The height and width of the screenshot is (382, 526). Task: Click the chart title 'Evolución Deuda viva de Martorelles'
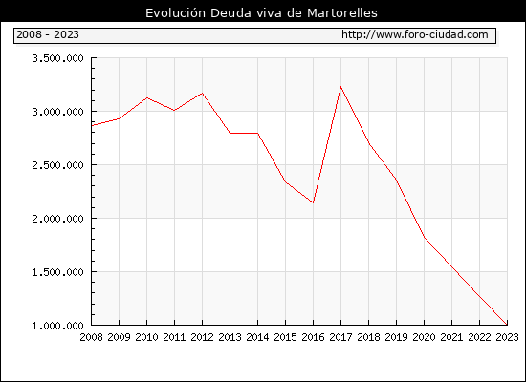point(261,12)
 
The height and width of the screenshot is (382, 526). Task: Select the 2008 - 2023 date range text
point(48,34)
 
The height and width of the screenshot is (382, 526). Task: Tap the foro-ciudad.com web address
point(415,34)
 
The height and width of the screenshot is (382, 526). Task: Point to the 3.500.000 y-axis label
point(57,58)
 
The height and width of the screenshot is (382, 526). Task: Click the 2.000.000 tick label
point(57,219)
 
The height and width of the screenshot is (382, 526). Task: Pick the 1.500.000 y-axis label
point(57,272)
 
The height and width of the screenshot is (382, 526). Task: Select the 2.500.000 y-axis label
point(57,165)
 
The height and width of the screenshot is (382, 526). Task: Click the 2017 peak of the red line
point(340,87)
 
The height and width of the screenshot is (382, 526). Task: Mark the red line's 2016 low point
point(313,202)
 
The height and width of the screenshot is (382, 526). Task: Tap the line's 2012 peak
point(203,93)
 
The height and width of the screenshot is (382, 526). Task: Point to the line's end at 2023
point(507,325)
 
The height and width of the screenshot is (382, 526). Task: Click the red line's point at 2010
point(147,97)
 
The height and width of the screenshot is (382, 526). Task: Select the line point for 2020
point(424,237)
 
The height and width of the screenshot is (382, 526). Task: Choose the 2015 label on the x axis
point(286,337)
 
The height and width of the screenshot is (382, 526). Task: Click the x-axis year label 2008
point(91,337)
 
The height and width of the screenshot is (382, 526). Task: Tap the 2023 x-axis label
point(507,337)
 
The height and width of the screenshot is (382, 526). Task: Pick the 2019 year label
point(396,337)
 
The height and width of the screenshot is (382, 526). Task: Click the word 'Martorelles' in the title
point(342,12)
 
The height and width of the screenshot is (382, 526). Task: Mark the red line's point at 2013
point(230,133)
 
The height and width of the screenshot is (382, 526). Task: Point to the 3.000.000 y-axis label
point(57,112)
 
